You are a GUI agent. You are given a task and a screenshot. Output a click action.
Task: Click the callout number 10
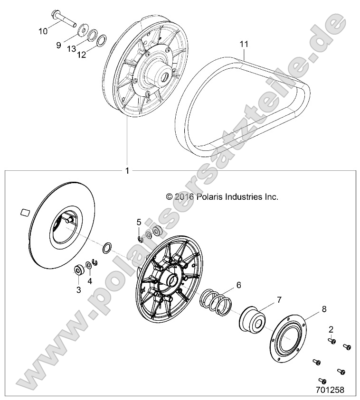click(43, 31)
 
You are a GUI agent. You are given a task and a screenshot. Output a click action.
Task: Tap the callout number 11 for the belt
click(244, 44)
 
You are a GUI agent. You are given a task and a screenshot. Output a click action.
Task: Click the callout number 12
click(82, 55)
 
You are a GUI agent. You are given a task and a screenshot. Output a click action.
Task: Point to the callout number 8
click(311, 309)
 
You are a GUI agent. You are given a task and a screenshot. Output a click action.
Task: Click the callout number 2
click(331, 328)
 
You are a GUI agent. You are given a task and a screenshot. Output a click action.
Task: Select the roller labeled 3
click(77, 271)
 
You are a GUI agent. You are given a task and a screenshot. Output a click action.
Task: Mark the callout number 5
click(139, 222)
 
